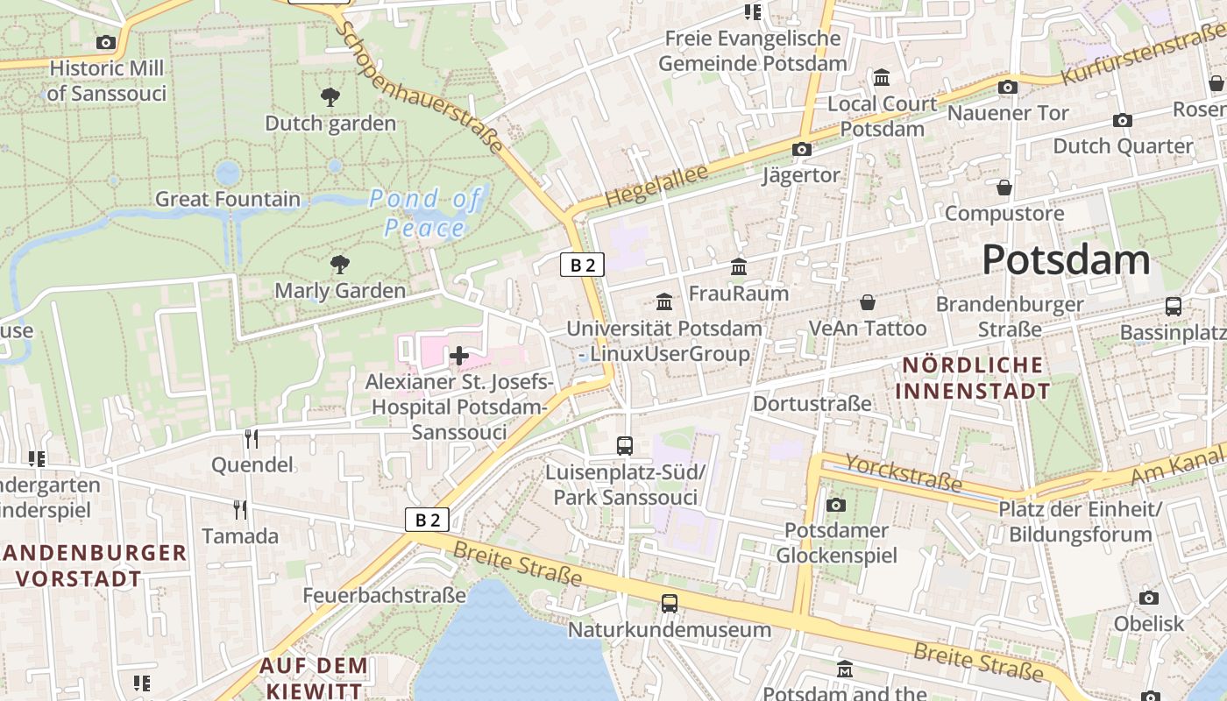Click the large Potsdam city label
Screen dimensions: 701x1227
[x=1065, y=259]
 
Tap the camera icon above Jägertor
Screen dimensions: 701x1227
[x=801, y=150]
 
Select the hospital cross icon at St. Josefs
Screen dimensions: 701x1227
[x=458, y=356]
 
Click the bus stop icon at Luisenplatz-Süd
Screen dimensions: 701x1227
[x=624, y=446]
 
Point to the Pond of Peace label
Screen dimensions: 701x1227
[x=425, y=213]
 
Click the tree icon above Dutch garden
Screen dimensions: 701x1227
[x=330, y=97]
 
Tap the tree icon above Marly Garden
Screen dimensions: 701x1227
[x=339, y=264]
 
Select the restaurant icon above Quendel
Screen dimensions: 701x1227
[x=252, y=438]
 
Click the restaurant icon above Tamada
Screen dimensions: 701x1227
[x=239, y=509]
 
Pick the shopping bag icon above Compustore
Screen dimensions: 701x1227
[x=1004, y=188]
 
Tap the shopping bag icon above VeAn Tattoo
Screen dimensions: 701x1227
[x=867, y=302]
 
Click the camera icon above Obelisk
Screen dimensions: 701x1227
[x=1148, y=598]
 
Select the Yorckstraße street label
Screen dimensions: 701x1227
[x=903, y=474]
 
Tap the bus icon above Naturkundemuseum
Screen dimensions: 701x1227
[x=669, y=603]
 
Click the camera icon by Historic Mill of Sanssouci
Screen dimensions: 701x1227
[x=105, y=42]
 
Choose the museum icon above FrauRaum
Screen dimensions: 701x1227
[x=738, y=266]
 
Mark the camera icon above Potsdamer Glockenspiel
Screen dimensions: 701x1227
[x=835, y=505]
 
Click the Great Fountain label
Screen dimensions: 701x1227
[x=228, y=199]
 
